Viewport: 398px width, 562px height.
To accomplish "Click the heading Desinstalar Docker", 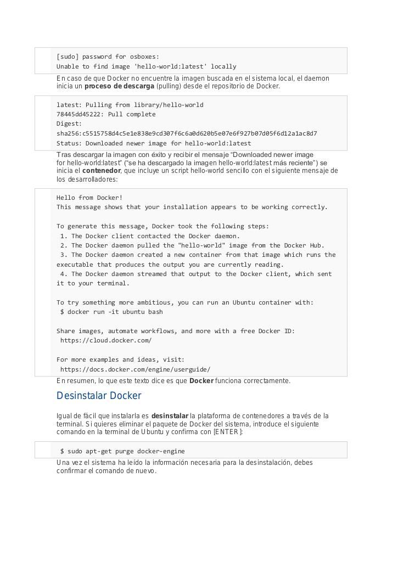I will click(99, 396).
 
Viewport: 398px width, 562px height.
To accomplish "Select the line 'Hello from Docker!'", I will click(89, 198).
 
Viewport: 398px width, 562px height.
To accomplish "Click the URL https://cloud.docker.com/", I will click(106, 340).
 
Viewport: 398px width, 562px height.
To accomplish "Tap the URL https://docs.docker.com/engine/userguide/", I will click(135, 369).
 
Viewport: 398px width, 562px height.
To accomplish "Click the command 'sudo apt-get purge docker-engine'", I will click(126, 451).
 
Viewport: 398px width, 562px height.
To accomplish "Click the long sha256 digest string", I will click(187, 133).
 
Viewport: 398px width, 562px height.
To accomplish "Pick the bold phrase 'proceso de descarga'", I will click(119, 86).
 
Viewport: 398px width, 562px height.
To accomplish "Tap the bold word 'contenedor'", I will click(102, 171).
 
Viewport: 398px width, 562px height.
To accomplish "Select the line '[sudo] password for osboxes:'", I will click(108, 57).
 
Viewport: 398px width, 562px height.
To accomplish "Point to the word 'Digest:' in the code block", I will click(69, 123).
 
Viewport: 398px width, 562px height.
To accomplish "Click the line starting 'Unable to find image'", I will click(146, 66).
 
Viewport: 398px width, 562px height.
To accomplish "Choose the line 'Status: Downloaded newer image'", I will click(154, 143).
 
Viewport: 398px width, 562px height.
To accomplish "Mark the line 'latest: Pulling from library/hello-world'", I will click(130, 105).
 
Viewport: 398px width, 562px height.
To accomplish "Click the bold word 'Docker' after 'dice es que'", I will click(201, 381).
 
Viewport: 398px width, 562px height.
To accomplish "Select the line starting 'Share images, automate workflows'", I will click(176, 331).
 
